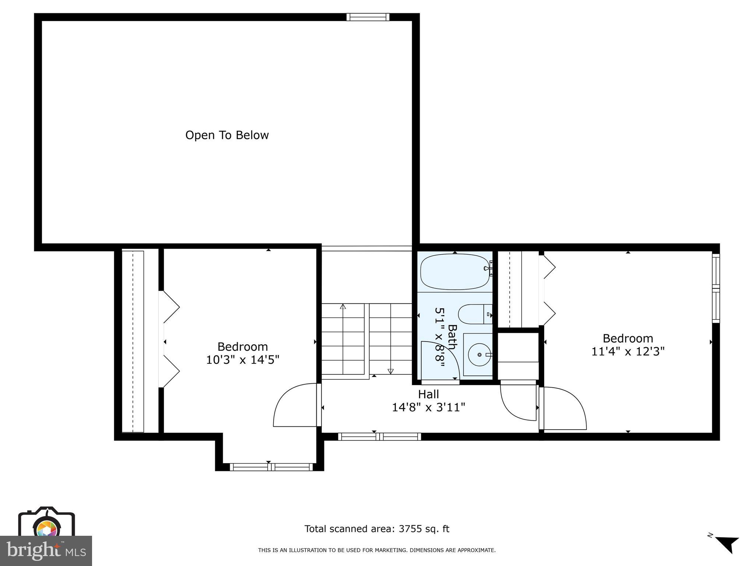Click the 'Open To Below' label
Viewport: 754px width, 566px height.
(227, 135)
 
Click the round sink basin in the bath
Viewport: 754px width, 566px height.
(479, 354)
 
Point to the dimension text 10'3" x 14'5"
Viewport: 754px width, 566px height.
(242, 360)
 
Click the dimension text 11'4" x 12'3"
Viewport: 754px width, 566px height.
(628, 352)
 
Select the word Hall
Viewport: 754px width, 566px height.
(428, 394)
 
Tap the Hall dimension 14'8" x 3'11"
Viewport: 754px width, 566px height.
(428, 407)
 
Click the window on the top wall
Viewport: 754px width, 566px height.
(368, 17)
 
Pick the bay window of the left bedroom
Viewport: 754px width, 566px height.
(271, 467)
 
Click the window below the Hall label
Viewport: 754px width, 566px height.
(379, 437)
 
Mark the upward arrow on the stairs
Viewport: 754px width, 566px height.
(343, 306)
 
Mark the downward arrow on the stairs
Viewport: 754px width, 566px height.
(391, 371)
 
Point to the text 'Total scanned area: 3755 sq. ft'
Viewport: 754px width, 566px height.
(377, 529)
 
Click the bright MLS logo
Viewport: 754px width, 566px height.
(46, 551)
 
